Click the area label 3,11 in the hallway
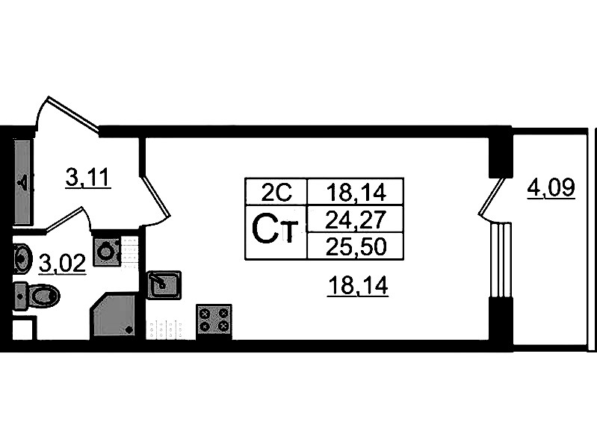click(x=88, y=178)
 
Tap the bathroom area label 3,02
click(x=63, y=264)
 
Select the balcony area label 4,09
click(x=551, y=187)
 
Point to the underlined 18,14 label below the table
click(x=358, y=285)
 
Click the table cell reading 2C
click(x=276, y=192)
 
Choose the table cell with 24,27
click(x=355, y=220)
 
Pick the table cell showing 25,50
click(x=355, y=246)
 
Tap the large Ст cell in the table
click(x=276, y=232)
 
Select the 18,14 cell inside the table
click(x=355, y=192)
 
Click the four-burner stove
click(x=214, y=321)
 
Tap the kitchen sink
click(x=164, y=284)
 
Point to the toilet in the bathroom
click(x=37, y=296)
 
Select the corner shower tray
click(x=114, y=315)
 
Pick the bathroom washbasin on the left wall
click(x=22, y=258)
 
